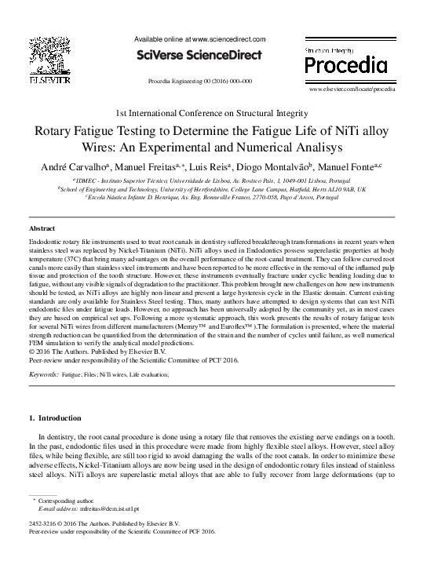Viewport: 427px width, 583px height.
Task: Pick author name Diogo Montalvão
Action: pyautogui.click(x=271, y=167)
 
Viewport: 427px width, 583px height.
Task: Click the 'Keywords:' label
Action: pyautogui.click(x=42, y=376)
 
